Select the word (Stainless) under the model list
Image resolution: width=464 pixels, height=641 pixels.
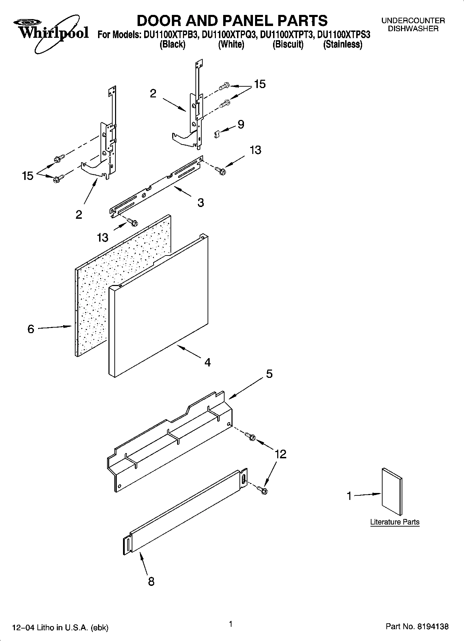click(343, 45)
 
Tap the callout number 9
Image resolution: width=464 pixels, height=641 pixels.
click(241, 124)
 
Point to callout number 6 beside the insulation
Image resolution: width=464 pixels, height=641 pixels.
click(31, 329)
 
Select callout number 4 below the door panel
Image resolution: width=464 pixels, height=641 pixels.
click(207, 363)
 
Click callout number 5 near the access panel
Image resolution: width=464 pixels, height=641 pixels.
click(269, 374)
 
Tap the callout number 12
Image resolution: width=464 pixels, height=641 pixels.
click(281, 454)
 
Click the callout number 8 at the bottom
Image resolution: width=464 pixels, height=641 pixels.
click(151, 581)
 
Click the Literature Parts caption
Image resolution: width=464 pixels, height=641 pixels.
click(395, 522)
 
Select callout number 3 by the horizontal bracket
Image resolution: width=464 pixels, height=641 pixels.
click(201, 203)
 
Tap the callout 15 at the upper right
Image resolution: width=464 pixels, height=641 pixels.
click(260, 84)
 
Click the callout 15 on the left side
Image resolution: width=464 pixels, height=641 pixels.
click(28, 176)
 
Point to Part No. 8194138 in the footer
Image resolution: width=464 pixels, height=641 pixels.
click(417, 627)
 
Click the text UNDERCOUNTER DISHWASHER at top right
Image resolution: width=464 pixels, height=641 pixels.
click(413, 25)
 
